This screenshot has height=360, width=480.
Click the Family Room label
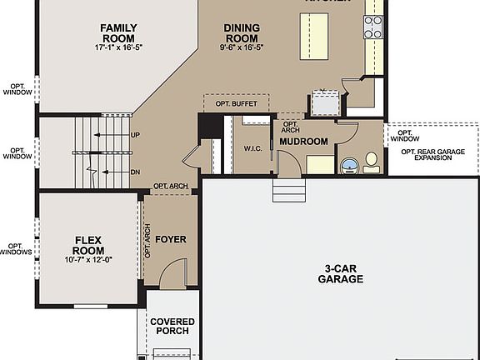118,32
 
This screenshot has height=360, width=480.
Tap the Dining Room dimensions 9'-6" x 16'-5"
242,48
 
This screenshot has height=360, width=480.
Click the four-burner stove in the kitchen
372,27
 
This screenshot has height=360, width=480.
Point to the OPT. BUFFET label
237,104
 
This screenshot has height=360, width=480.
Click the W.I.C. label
253,148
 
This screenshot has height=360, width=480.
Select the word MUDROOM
303,142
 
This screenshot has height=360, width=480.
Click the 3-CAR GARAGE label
340,274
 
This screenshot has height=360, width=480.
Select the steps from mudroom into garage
289,193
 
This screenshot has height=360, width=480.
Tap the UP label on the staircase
134,134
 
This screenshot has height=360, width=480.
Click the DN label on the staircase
134,171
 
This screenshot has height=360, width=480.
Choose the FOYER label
170,239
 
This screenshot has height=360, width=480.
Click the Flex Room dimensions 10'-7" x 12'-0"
87,260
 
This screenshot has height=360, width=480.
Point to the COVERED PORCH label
172,326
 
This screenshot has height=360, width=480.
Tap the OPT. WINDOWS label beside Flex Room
16,248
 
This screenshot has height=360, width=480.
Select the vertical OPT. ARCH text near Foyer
147,242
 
